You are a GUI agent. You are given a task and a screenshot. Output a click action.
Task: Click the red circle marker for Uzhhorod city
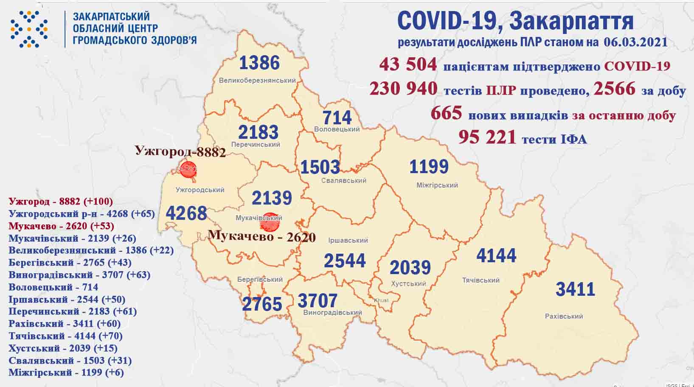click(188, 169)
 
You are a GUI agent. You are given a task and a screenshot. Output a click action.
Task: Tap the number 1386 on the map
click(259, 63)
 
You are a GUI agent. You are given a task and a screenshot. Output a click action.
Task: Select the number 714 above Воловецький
click(337, 118)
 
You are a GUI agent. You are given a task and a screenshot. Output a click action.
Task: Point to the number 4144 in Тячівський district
click(496, 255)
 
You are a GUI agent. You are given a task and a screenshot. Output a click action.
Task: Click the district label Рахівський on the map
click(564, 316)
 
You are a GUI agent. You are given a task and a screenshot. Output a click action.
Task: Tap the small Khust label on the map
click(381, 300)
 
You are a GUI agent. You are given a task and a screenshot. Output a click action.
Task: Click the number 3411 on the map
click(575, 289)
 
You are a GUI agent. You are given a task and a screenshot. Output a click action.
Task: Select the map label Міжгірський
click(437, 185)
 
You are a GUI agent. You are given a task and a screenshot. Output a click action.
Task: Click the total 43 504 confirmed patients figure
click(407, 64)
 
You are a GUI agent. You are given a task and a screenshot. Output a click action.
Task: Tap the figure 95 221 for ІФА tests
click(487, 137)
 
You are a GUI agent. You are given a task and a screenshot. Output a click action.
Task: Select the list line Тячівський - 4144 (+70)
click(65, 336)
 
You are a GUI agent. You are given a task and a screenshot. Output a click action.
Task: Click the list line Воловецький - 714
click(53, 287)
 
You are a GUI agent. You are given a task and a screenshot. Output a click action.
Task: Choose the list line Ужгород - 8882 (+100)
click(60, 201)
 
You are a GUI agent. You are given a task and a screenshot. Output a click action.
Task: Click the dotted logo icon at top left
click(29, 29)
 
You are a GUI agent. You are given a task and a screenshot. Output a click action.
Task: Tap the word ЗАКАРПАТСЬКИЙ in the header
click(111, 17)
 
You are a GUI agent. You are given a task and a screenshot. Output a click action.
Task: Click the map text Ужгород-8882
click(180, 151)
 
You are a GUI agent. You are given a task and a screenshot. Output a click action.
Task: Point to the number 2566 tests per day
click(614, 89)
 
